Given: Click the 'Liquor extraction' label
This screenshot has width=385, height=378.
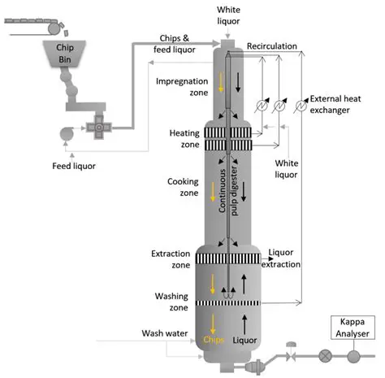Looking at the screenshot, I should (284, 259).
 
